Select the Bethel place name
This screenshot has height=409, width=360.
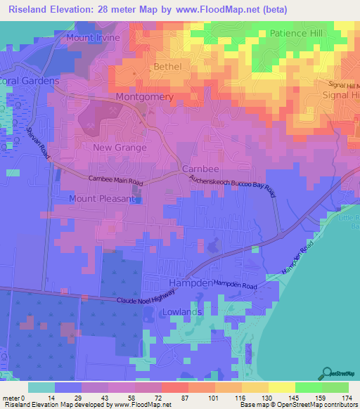[167, 67]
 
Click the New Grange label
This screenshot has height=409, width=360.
[120, 148]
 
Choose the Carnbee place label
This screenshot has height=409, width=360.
[202, 170]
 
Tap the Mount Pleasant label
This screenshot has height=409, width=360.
[101, 199]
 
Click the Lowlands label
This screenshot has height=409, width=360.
[182, 311]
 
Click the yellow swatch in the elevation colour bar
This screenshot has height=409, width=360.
[281, 387]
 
